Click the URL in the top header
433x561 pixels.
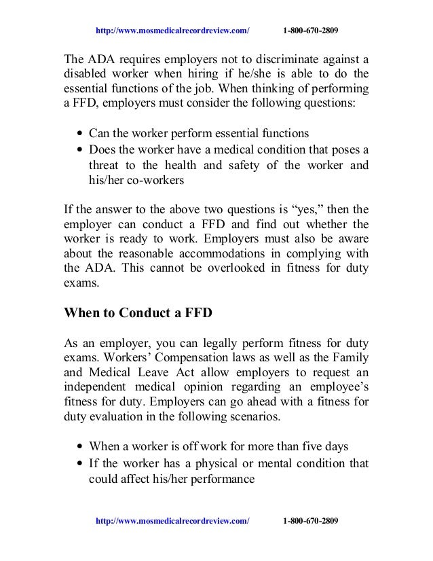click(x=173, y=31)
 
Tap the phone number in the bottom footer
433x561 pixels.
click(x=310, y=520)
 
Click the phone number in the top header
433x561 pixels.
click(x=310, y=31)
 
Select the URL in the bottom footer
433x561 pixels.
click(x=173, y=520)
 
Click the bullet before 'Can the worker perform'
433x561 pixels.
click(x=81, y=134)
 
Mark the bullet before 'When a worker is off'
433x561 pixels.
click(x=81, y=448)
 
